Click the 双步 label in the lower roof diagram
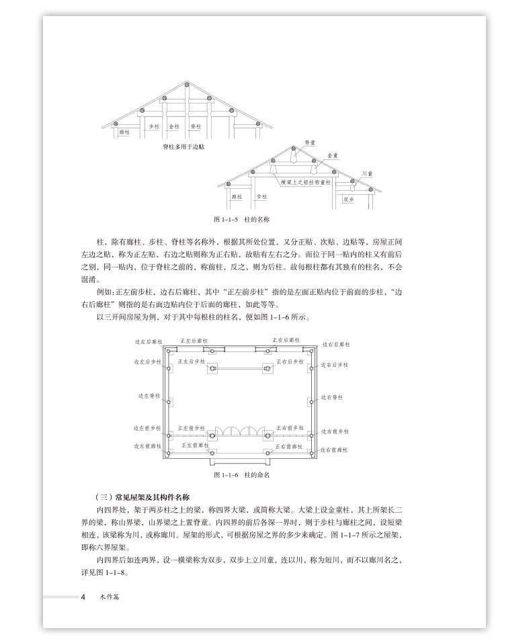click(x=349, y=199)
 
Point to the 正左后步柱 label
click(x=192, y=361)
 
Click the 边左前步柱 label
click(x=147, y=428)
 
